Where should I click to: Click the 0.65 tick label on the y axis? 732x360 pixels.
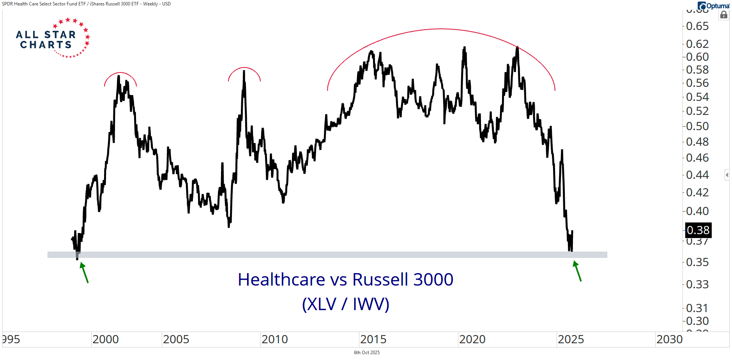(697, 26)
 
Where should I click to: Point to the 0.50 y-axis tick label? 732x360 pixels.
(697, 126)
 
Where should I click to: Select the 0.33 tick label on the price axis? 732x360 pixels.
(697, 284)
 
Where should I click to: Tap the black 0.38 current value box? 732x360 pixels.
(698, 230)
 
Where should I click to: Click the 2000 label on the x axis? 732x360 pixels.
(106, 339)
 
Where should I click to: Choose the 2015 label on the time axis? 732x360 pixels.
(373, 339)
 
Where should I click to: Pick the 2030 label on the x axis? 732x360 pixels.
(670, 339)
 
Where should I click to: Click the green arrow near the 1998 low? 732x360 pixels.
(84, 272)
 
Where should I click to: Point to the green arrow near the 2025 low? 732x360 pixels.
(577, 271)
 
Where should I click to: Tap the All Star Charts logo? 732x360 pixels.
(53, 38)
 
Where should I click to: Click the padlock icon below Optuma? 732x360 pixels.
(724, 15)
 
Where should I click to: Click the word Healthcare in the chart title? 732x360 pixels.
(281, 280)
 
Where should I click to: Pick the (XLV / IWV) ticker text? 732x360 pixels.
(346, 304)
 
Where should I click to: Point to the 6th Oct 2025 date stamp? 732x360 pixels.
(366, 353)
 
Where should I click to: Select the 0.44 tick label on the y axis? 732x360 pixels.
(697, 175)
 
